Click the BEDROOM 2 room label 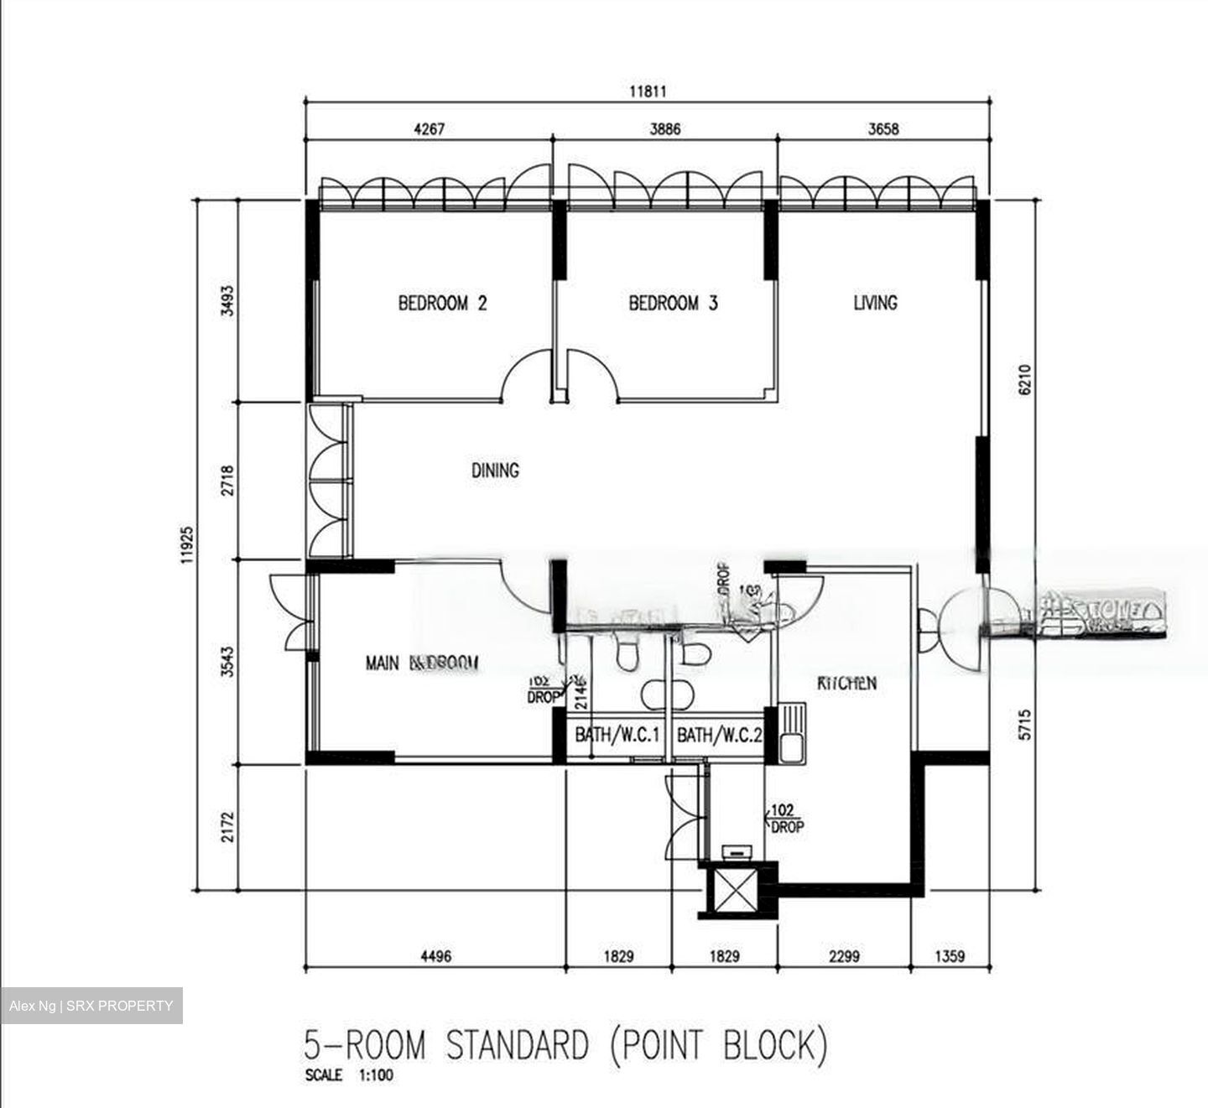tap(442, 303)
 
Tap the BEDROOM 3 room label tap(673, 303)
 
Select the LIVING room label tap(875, 302)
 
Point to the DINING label tap(495, 471)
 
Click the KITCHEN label tap(847, 683)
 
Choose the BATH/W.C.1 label tap(618, 736)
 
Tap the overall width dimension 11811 tap(648, 91)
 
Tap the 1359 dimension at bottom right tap(950, 955)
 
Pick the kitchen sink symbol tap(792, 732)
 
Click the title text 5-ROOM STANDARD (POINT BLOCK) tap(565, 1046)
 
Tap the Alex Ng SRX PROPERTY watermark tap(91, 1006)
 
